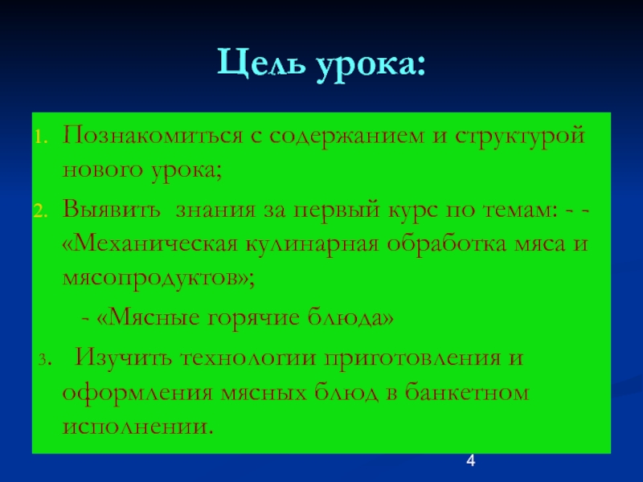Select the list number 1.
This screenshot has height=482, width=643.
[41, 137]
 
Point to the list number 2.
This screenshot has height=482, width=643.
[41, 211]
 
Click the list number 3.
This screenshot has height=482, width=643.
[45, 359]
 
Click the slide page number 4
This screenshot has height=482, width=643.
[471, 460]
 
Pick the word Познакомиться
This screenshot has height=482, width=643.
[153, 135]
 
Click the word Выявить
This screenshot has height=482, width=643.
[111, 209]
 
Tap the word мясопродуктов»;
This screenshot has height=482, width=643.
[158, 279]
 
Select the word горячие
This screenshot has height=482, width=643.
[254, 319]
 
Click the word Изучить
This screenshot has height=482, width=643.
[122, 357]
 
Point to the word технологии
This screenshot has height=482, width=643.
[248, 357]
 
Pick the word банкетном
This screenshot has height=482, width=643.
[467, 392]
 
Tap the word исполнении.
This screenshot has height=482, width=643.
[138, 427]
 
